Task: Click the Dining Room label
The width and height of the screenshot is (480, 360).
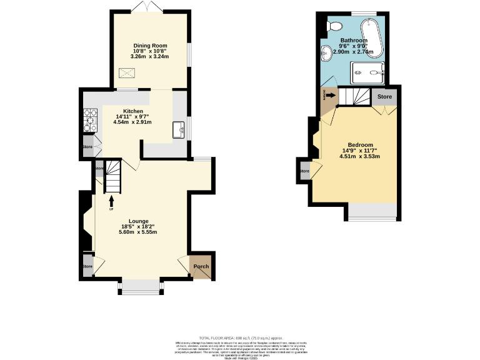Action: click(149, 45)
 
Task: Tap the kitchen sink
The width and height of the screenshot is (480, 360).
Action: click(179, 129)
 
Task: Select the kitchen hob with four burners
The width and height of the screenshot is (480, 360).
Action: click(89, 119)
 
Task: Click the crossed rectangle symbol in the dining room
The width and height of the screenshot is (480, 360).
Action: click(129, 73)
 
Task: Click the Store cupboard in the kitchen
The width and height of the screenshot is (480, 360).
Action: click(87, 147)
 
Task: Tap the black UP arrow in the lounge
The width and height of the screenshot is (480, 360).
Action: click(112, 200)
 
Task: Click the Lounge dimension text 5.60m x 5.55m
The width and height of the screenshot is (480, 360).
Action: click(137, 232)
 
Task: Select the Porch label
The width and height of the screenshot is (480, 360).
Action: click(201, 267)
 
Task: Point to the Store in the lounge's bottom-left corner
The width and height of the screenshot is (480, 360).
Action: click(87, 266)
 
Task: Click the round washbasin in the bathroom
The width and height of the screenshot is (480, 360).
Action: click(326, 52)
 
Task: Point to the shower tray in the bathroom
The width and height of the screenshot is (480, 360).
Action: click(369, 72)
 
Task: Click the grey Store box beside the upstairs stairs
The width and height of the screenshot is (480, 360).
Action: click(385, 97)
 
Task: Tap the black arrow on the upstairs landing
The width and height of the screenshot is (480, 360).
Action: click(331, 96)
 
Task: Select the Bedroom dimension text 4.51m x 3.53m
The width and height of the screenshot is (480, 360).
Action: click(359, 156)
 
